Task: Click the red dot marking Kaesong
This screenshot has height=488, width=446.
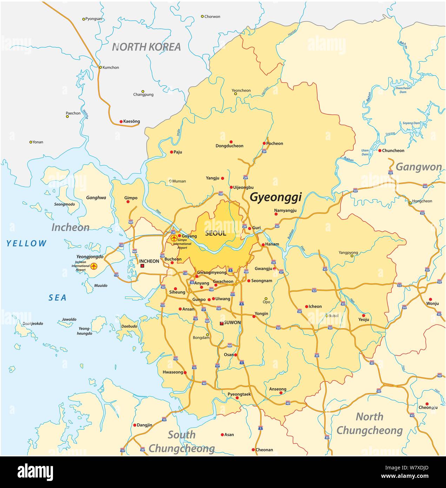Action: tap(121, 121)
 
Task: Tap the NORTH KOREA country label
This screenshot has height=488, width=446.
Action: tap(146, 47)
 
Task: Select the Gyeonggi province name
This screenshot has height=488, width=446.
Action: tap(275, 197)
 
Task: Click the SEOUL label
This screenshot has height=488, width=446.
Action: tap(215, 233)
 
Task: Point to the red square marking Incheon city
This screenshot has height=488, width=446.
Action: tap(142, 266)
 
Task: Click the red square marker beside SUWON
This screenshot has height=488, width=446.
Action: tap(221, 323)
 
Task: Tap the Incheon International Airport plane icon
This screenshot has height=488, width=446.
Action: tap(94, 266)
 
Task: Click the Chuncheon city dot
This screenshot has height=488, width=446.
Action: tap(380, 151)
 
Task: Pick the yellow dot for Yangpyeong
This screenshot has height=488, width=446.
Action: tap(352, 256)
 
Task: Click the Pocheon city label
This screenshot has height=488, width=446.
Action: tap(275, 143)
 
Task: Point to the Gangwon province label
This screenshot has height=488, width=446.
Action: tap(419, 167)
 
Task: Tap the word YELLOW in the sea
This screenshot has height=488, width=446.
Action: tap(26, 243)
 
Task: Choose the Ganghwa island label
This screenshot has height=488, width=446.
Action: tap(96, 198)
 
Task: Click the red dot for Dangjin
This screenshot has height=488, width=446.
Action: tap(135, 425)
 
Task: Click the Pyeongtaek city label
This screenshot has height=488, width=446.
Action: tap(239, 394)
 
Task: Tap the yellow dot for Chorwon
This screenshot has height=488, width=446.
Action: tap(202, 16)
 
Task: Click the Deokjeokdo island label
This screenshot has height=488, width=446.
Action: tap(33, 324)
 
